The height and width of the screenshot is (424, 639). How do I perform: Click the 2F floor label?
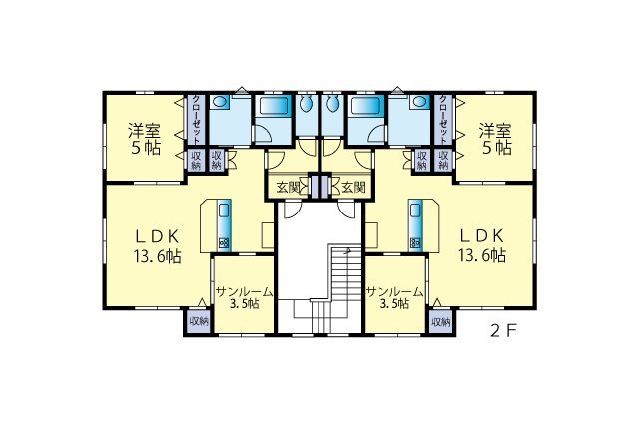pyautogui.click(x=503, y=331)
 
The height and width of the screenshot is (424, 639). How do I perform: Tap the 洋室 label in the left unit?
pyautogui.click(x=144, y=131)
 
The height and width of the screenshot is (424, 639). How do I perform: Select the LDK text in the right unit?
pyautogui.click(x=482, y=235)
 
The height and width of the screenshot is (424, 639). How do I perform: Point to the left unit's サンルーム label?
pyautogui.click(x=244, y=291)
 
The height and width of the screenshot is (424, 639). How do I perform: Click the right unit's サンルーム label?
pyautogui.click(x=394, y=291)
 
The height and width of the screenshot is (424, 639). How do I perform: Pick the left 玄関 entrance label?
pyautogui.click(x=288, y=188)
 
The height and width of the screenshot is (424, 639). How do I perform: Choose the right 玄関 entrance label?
pyautogui.click(x=352, y=188)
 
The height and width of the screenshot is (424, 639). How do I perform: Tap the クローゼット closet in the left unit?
pyautogui.click(x=196, y=120)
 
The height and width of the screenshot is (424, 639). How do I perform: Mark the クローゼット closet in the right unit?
pyautogui.click(x=443, y=120)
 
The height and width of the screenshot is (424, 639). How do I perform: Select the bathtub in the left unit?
pyautogui.click(x=274, y=106)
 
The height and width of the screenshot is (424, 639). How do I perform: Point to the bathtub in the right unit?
pyautogui.click(x=366, y=106)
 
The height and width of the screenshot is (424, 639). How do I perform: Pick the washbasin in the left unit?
pyautogui.click(x=220, y=102)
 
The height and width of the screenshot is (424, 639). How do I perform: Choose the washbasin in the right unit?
pyautogui.click(x=419, y=102)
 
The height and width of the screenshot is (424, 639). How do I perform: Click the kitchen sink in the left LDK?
pyautogui.click(x=225, y=211)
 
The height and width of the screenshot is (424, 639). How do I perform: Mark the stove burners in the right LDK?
pyautogui.click(x=415, y=243)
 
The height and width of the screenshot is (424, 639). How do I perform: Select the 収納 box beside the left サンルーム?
pyautogui.click(x=199, y=322)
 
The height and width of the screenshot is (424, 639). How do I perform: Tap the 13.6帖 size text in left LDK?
pyautogui.click(x=158, y=256)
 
